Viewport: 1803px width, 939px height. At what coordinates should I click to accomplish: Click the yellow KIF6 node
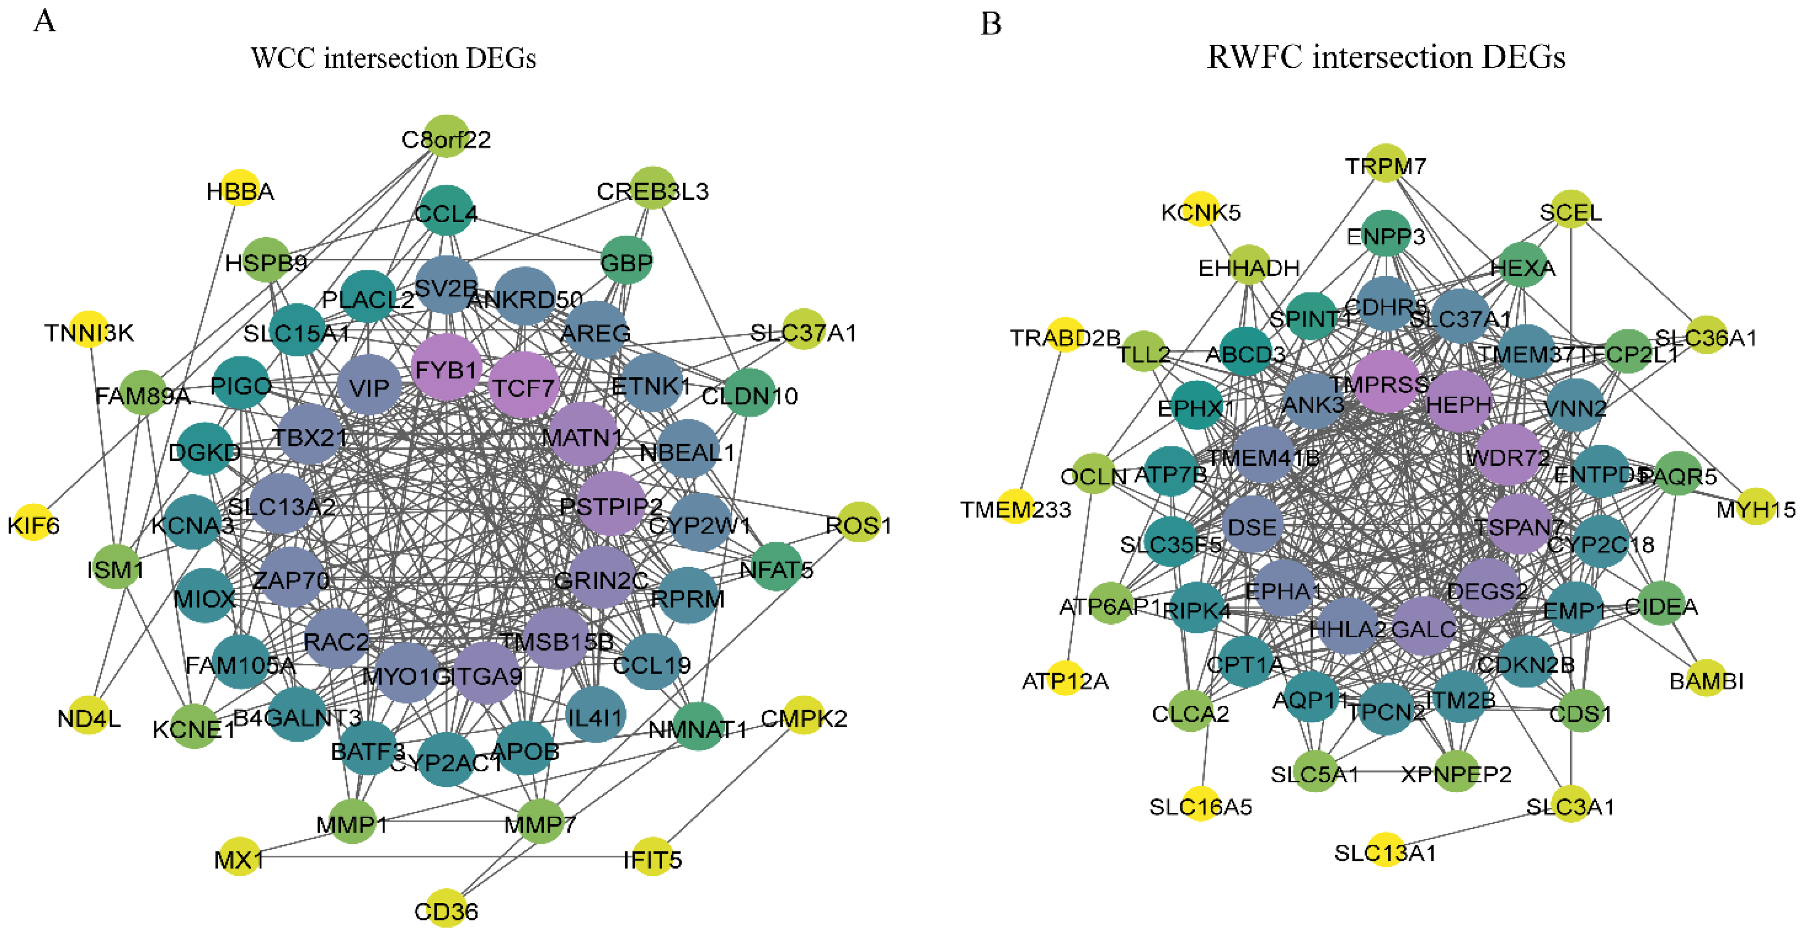click(x=33, y=522)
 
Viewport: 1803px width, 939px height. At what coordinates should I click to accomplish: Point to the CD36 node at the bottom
click(x=447, y=908)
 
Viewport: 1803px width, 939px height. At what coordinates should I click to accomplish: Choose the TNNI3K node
click(x=89, y=330)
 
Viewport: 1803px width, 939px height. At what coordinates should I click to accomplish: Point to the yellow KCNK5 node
click(x=1200, y=209)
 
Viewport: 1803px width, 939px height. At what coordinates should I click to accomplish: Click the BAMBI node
click(x=1706, y=678)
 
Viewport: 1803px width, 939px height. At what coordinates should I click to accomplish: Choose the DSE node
click(x=1252, y=525)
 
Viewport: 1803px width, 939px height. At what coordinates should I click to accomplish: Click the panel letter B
click(x=991, y=24)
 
